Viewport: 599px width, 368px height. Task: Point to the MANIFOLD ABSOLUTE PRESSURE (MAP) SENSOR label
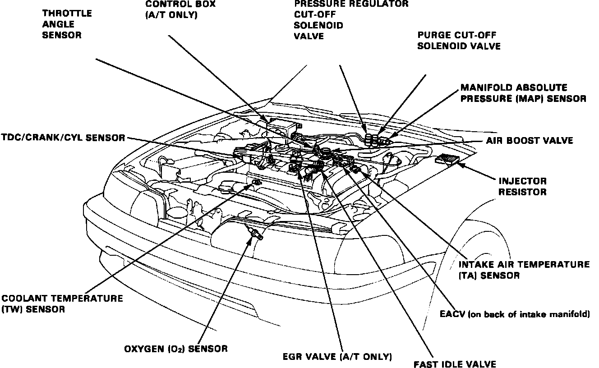523,93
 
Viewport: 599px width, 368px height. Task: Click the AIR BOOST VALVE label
530,141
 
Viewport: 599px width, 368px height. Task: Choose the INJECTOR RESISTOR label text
522,186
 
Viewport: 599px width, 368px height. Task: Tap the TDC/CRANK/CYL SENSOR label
63,138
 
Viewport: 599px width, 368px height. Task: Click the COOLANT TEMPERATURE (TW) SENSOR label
62,304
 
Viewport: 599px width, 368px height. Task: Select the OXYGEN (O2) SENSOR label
176,348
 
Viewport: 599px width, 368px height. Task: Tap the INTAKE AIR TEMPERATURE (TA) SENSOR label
523,269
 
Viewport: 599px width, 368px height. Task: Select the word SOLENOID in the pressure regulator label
318,25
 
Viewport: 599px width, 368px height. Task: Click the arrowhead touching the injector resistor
461,164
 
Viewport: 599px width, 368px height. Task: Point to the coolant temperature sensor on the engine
256,182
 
